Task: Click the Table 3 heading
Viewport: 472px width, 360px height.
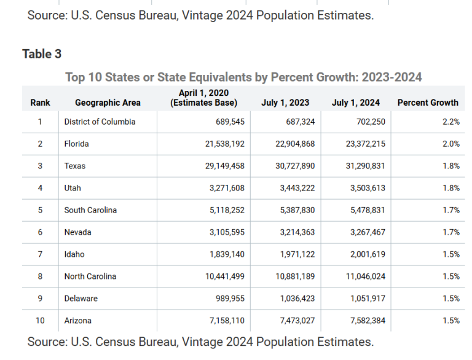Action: pyautogui.click(x=42, y=54)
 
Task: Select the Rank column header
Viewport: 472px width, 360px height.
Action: pyautogui.click(x=40, y=103)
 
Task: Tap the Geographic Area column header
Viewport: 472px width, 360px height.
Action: pyautogui.click(x=108, y=103)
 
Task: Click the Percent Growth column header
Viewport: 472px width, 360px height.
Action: pyautogui.click(x=428, y=103)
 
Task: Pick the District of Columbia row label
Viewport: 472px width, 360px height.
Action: pyautogui.click(x=100, y=122)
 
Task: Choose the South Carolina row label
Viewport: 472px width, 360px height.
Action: pyautogui.click(x=90, y=210)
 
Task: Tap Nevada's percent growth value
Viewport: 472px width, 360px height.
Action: pyautogui.click(x=451, y=232)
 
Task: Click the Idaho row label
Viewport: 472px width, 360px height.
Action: pyautogui.click(x=74, y=254)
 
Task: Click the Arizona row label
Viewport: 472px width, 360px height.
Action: pyautogui.click(x=78, y=321)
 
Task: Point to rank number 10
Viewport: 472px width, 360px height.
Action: pyautogui.click(x=40, y=321)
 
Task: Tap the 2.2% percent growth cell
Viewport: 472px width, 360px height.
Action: pyautogui.click(x=451, y=122)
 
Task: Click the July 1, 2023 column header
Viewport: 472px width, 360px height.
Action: pyautogui.click(x=285, y=103)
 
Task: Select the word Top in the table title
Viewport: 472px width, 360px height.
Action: pyautogui.click(x=75, y=77)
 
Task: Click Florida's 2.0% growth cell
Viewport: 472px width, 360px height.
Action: pyautogui.click(x=451, y=144)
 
